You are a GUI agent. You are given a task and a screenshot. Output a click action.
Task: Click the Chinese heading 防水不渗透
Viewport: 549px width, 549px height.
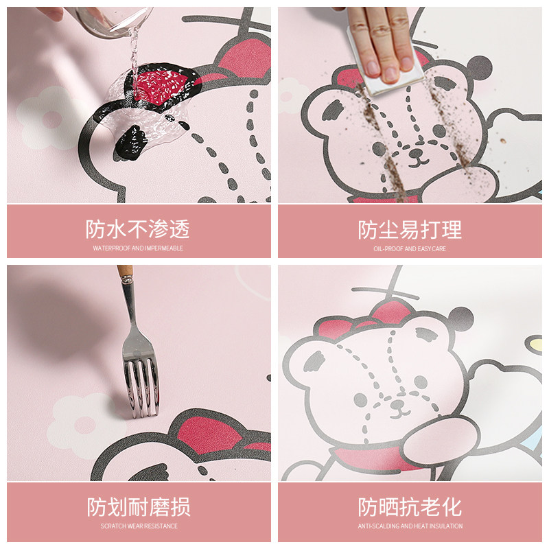(138, 229)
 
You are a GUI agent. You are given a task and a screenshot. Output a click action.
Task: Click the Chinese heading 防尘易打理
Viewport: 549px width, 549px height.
(410, 229)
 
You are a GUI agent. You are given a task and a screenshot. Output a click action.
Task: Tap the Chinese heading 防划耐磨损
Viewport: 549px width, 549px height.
(138, 508)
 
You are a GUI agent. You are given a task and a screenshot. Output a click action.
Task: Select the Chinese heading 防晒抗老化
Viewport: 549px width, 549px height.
(410, 508)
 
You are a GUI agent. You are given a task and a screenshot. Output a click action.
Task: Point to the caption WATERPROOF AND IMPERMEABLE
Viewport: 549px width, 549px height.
(138, 248)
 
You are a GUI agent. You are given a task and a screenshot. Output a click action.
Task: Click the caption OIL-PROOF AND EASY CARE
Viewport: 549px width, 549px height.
(410, 248)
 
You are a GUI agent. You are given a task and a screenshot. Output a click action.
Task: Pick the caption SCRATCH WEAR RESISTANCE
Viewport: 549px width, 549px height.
(138, 526)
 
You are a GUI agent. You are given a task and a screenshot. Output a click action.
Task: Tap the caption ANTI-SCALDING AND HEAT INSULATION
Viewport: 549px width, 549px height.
(410, 526)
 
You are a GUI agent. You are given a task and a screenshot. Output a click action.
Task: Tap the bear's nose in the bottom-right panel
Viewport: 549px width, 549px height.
(397, 404)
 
